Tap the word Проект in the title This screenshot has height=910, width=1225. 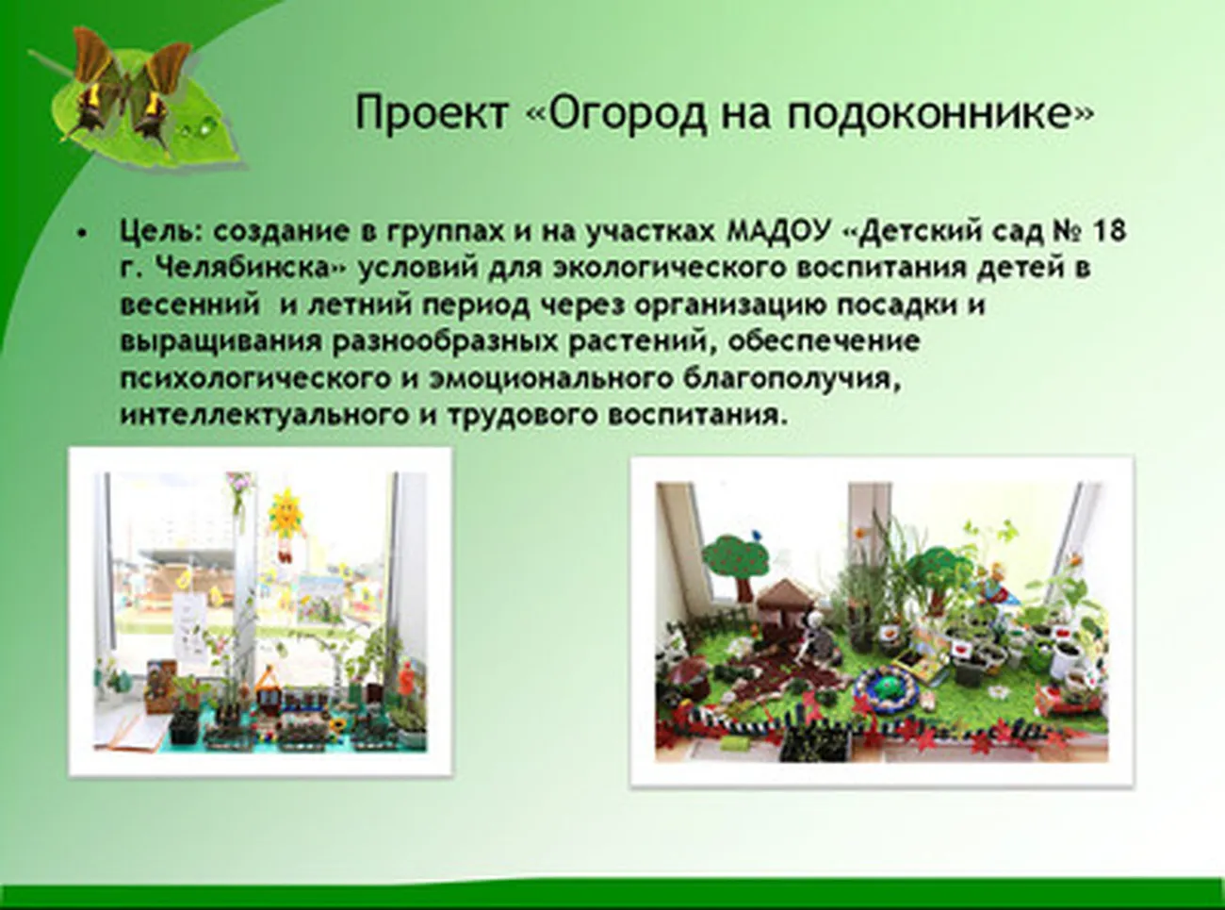coord(432,113)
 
